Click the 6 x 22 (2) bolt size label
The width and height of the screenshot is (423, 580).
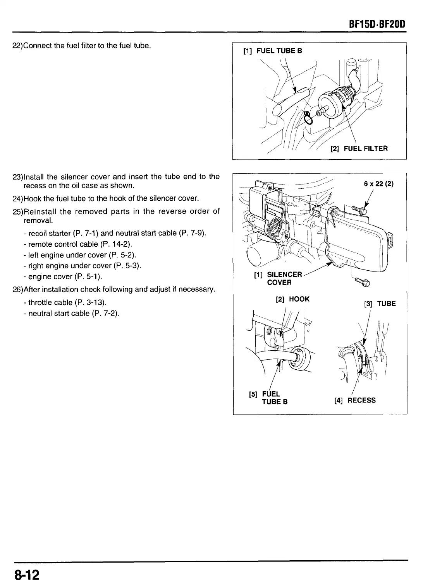click(x=378, y=184)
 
